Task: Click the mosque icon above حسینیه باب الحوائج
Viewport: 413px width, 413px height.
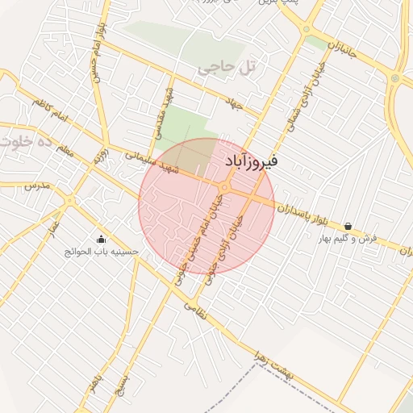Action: click(101, 239)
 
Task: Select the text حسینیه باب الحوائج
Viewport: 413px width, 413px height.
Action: click(102, 252)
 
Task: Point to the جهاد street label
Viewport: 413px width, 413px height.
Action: click(235, 105)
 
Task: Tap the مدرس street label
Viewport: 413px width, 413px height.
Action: click(37, 186)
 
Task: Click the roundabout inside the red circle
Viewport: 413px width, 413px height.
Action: click(223, 188)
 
